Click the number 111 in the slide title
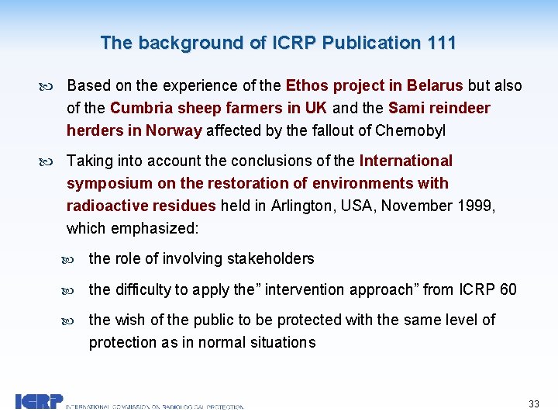click(x=441, y=43)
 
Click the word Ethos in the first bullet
click(x=307, y=85)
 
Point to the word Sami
click(x=405, y=108)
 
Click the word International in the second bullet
click(x=406, y=161)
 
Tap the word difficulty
click(x=142, y=289)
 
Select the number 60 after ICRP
click(x=508, y=289)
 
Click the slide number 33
click(x=533, y=404)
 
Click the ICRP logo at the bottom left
click(x=39, y=402)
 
